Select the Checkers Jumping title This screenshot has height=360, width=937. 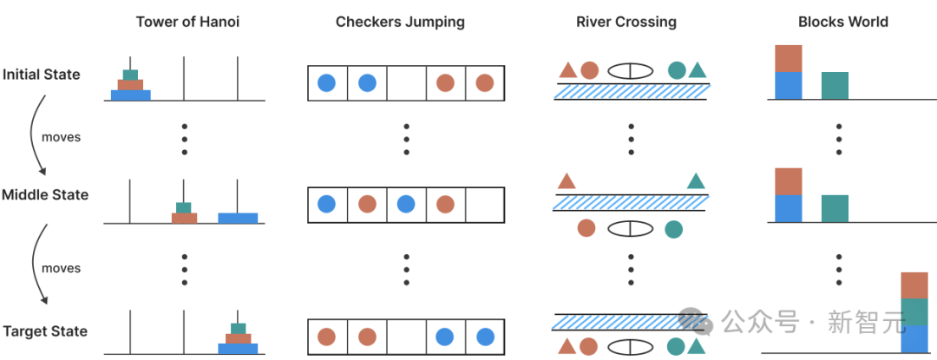click(400, 22)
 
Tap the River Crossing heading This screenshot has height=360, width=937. click(626, 22)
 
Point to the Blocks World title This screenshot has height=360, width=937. click(843, 22)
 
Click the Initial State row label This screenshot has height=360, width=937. click(42, 75)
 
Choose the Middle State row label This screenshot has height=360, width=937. click(45, 194)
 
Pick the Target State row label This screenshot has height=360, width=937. click(45, 331)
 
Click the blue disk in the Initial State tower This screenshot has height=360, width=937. click(131, 95)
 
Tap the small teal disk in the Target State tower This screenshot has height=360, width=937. click(238, 329)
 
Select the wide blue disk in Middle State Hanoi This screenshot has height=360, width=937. click(238, 218)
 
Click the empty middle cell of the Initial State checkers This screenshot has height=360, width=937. click(406, 83)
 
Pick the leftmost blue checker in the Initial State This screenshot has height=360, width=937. click(326, 83)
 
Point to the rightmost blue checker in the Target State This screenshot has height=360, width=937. click(485, 337)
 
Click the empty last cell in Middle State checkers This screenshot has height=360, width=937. click(485, 206)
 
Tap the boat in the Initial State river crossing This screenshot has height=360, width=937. click(630, 71)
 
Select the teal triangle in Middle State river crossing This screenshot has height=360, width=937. click(696, 180)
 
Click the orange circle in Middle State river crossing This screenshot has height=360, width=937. click(586, 228)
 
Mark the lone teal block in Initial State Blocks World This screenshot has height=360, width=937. click(835, 85)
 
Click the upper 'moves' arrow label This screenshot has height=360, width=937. click(61, 137)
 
